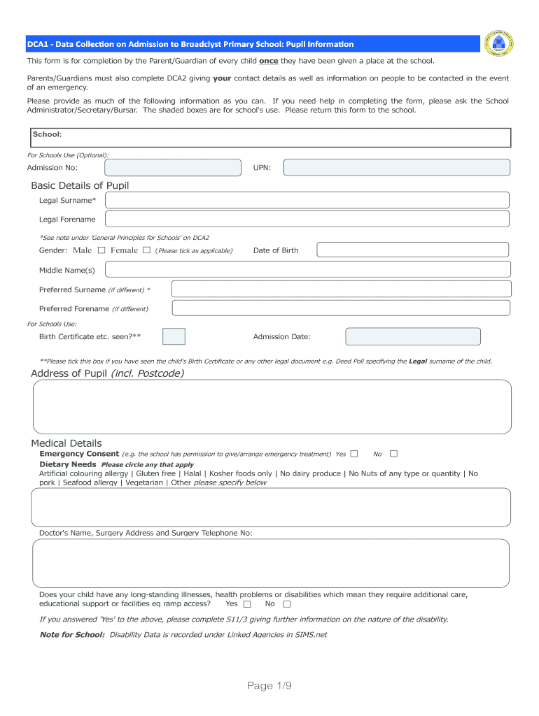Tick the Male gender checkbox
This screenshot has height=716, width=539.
[x=101, y=250]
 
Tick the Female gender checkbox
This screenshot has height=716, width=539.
[x=146, y=250]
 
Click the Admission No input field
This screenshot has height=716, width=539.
[x=172, y=168]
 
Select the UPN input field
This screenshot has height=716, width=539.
[x=396, y=168]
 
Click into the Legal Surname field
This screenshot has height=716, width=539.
[x=307, y=201]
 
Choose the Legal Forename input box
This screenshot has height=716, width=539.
[x=307, y=220]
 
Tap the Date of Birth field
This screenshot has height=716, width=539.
[x=412, y=250]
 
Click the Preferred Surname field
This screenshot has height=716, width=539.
[x=341, y=289]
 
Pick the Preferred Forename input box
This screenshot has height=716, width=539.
[x=341, y=308]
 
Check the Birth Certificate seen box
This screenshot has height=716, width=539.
[x=174, y=336]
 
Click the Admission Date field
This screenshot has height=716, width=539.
[x=413, y=336]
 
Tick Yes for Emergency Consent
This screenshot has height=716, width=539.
[x=354, y=454]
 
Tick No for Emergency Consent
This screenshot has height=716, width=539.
[x=393, y=454]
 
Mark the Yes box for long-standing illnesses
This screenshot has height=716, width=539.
[x=247, y=604]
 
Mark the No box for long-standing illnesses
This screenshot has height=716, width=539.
[x=286, y=604]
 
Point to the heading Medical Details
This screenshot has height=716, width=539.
[x=66, y=443]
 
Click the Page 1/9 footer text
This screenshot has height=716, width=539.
[x=269, y=686]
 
